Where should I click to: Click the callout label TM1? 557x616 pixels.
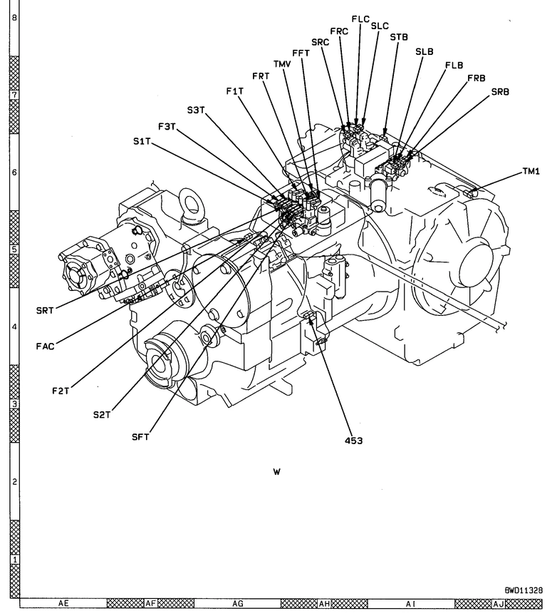click(531, 171)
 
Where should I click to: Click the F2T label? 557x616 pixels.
click(61, 391)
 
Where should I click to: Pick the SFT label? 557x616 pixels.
click(140, 437)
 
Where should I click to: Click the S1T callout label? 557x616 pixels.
click(142, 142)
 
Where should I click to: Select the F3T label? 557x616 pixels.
click(167, 127)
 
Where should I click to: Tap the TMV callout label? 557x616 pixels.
click(283, 63)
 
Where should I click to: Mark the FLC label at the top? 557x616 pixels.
click(360, 19)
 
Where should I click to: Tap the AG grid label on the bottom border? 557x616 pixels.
click(238, 604)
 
